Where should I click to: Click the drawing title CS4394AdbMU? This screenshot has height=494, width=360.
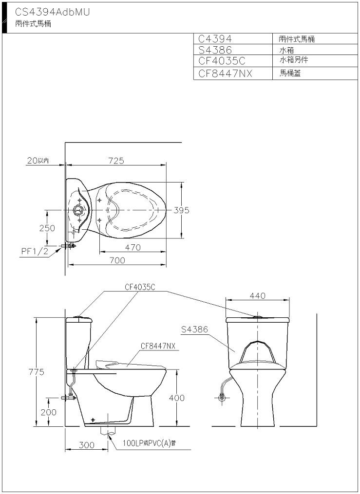(x=53, y=12)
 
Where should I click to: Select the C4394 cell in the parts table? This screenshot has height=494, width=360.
(x=215, y=39)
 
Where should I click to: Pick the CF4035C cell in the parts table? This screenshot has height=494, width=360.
(x=222, y=60)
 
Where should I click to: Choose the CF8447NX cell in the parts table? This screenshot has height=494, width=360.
(x=226, y=73)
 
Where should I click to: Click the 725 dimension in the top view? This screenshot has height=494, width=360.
(x=116, y=161)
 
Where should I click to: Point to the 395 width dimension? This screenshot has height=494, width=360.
(x=181, y=210)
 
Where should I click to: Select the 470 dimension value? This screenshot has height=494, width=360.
(x=133, y=248)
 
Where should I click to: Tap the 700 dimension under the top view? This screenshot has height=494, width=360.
(x=117, y=260)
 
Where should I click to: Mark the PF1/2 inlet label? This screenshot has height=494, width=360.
(x=35, y=252)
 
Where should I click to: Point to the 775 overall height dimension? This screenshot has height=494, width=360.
(x=37, y=372)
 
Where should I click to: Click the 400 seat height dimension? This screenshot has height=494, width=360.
(x=176, y=398)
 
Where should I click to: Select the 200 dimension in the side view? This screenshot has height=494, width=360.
(x=49, y=412)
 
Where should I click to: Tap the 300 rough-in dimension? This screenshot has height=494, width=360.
(x=86, y=445)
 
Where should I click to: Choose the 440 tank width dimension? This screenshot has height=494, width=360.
(x=258, y=296)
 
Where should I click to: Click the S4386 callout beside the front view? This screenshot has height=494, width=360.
(x=194, y=329)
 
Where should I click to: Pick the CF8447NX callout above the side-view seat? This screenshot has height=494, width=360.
(x=158, y=346)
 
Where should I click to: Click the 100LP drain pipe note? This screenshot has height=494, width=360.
(x=149, y=443)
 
